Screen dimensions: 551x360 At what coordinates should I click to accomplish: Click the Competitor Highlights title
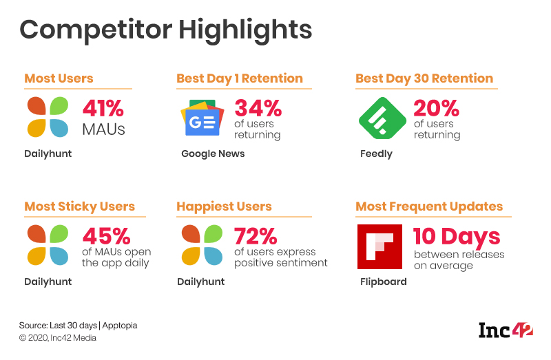point(165,30)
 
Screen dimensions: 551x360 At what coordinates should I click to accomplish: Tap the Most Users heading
point(59,78)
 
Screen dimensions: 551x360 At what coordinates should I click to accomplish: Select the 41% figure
point(103,108)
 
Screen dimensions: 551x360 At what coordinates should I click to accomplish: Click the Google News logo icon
point(202,118)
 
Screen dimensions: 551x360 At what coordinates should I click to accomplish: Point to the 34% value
point(258,108)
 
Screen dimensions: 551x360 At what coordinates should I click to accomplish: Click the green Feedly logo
point(382,118)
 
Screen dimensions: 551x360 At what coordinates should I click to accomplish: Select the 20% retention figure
point(436,108)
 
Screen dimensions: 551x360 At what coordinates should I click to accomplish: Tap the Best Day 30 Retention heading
point(424,78)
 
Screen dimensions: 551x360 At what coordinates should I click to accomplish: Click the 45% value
point(106,236)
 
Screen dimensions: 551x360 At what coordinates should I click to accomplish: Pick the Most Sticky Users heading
point(79,207)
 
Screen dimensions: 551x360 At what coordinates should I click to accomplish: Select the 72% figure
point(256,236)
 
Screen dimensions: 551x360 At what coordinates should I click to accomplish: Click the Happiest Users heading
point(225,207)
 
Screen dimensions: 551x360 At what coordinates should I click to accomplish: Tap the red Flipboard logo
point(380,246)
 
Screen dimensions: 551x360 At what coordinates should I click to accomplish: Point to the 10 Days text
point(457,237)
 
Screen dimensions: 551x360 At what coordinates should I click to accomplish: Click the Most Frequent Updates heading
point(429,207)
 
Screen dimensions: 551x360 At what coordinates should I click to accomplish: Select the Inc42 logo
point(506,330)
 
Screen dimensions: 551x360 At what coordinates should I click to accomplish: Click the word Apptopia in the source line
point(120,326)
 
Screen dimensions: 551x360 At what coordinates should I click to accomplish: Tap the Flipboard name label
point(384,282)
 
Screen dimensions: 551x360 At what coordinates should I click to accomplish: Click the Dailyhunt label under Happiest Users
point(201,282)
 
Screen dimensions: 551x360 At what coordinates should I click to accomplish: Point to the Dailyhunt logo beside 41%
point(48,117)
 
